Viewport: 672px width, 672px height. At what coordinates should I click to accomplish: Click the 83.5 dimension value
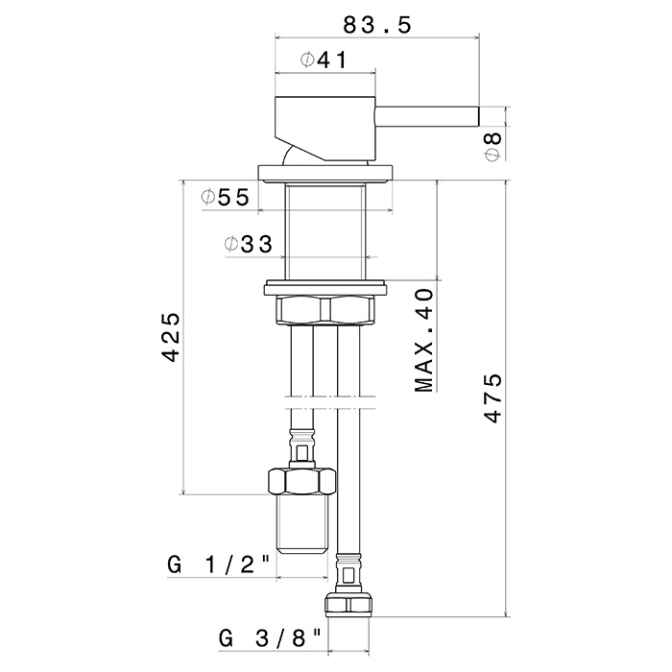coord(377,25)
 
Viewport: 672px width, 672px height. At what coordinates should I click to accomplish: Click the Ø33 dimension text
coord(247,244)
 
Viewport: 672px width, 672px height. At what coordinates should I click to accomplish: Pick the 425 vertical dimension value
coord(171,336)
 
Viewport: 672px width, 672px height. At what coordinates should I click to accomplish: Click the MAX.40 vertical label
coord(425,340)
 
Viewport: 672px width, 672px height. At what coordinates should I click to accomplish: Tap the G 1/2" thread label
coord(220,565)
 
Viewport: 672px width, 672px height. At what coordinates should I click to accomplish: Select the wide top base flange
coord(326,172)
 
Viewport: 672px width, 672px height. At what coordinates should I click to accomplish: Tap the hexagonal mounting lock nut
coord(326,310)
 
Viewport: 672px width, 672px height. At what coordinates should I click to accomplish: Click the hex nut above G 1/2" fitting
coord(301,479)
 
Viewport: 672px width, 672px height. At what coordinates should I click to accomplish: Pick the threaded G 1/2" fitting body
coord(301,528)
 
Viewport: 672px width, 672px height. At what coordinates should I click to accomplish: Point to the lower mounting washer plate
coord(326,285)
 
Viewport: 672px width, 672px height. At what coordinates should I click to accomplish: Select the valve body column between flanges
coord(326,230)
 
